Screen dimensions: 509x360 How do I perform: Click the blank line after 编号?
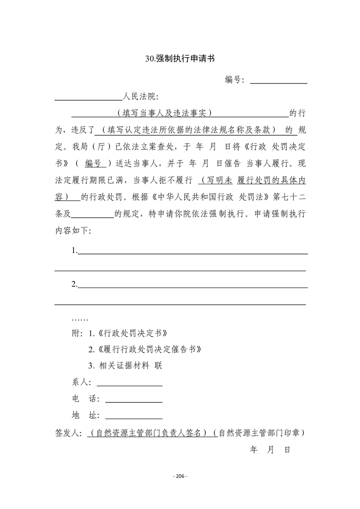[279, 82]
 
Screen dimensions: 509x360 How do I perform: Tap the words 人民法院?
[141, 97]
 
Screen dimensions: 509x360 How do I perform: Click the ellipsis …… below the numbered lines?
[80, 318]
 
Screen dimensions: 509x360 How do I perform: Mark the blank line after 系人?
[129, 384]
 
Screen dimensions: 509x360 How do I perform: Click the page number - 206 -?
[180, 476]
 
